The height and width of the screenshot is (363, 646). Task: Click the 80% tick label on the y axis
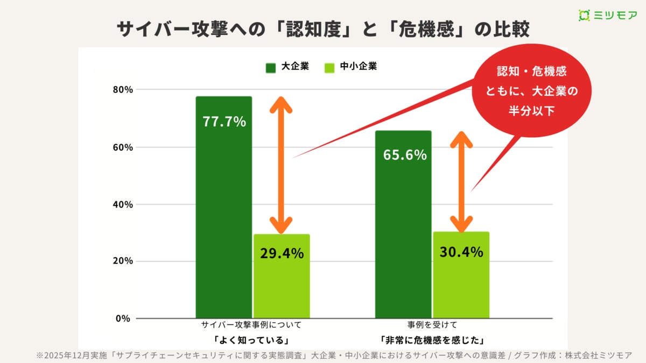point(122,89)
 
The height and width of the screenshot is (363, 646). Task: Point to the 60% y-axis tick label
point(122,147)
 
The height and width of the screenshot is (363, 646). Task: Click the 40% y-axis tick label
point(122,204)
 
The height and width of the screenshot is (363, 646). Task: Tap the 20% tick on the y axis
point(122,261)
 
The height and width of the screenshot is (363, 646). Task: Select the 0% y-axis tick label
point(124,318)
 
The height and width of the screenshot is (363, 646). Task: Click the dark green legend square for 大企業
point(270,68)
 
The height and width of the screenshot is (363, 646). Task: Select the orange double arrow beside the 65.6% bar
point(461,181)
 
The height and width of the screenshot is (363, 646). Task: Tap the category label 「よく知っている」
point(251,340)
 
